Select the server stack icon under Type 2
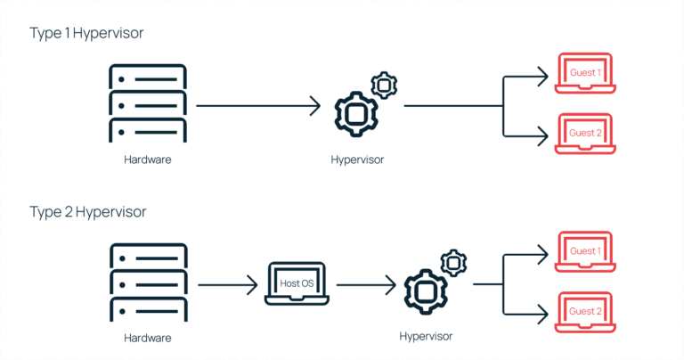coord(147,284)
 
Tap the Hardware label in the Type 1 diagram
coord(147,160)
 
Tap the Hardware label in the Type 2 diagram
coord(147,339)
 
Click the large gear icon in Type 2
coord(425,290)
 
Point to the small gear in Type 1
coord(384,85)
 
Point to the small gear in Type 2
coord(453,263)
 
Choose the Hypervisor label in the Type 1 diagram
coord(356,161)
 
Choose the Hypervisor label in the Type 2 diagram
coord(426,336)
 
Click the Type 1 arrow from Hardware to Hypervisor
coord(257,106)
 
